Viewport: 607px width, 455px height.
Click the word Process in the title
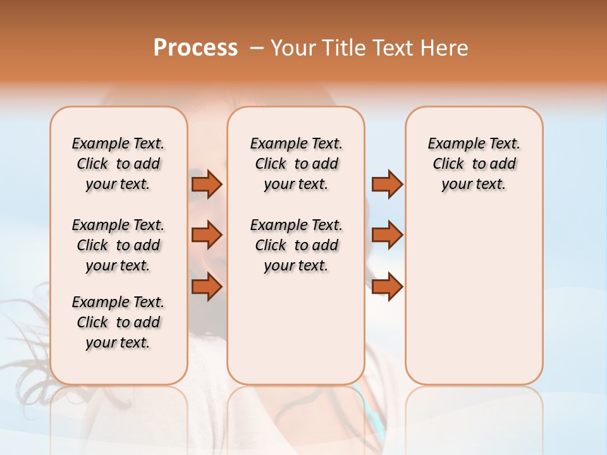(x=195, y=48)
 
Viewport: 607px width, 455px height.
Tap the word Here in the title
(x=445, y=48)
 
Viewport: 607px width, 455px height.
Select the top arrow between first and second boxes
(x=207, y=184)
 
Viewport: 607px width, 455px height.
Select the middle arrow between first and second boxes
(x=207, y=235)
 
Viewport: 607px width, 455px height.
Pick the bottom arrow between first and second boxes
(x=207, y=287)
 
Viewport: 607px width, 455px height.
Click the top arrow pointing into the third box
(x=387, y=184)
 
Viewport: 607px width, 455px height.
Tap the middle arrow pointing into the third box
(x=387, y=235)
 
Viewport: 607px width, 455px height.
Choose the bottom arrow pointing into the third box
(x=387, y=287)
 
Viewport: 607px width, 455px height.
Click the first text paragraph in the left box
(x=118, y=164)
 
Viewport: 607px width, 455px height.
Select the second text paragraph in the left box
(x=118, y=245)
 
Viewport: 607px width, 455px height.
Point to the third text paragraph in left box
(x=118, y=322)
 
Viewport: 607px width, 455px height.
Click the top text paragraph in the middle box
(x=296, y=164)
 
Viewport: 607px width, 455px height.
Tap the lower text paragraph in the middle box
(x=296, y=245)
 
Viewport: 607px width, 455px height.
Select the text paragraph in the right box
(x=474, y=164)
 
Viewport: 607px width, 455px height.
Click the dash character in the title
(x=256, y=48)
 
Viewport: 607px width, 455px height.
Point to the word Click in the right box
(x=448, y=164)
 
